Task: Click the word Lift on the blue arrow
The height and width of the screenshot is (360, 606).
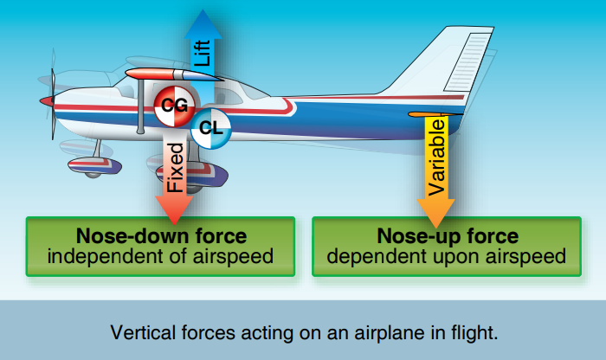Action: click(203, 54)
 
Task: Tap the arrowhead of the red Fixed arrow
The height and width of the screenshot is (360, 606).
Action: click(175, 210)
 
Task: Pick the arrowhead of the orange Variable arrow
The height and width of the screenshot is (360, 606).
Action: click(436, 211)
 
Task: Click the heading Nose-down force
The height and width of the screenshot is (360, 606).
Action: click(161, 236)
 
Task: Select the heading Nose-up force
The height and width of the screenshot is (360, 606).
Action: click(448, 236)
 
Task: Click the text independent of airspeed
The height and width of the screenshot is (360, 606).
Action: click(161, 256)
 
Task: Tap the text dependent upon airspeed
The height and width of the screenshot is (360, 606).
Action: click(448, 256)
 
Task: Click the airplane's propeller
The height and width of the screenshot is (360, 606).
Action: click(53, 102)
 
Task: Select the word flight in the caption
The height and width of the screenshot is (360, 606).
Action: click(474, 331)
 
